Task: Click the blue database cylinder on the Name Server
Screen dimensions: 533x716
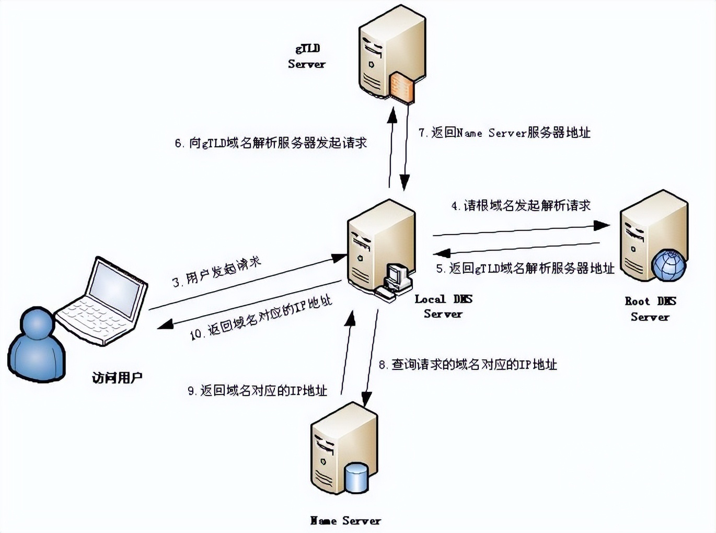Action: (356, 477)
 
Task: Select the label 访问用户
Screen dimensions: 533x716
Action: (117, 377)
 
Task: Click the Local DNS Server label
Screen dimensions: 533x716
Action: (443, 306)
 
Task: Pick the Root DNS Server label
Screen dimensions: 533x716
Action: (650, 309)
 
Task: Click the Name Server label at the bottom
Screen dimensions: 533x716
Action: (345, 520)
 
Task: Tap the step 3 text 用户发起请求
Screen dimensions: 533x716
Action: (217, 272)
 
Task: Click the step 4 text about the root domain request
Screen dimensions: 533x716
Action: (521, 205)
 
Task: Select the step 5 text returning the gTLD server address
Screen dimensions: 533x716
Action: (525, 269)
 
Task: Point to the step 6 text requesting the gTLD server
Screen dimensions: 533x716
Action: (271, 143)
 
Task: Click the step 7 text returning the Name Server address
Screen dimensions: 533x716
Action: (504, 133)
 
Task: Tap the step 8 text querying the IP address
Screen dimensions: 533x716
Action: (468, 364)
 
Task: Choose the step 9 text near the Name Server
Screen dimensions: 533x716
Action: (258, 390)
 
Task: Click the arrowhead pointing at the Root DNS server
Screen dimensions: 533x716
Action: (603, 225)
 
